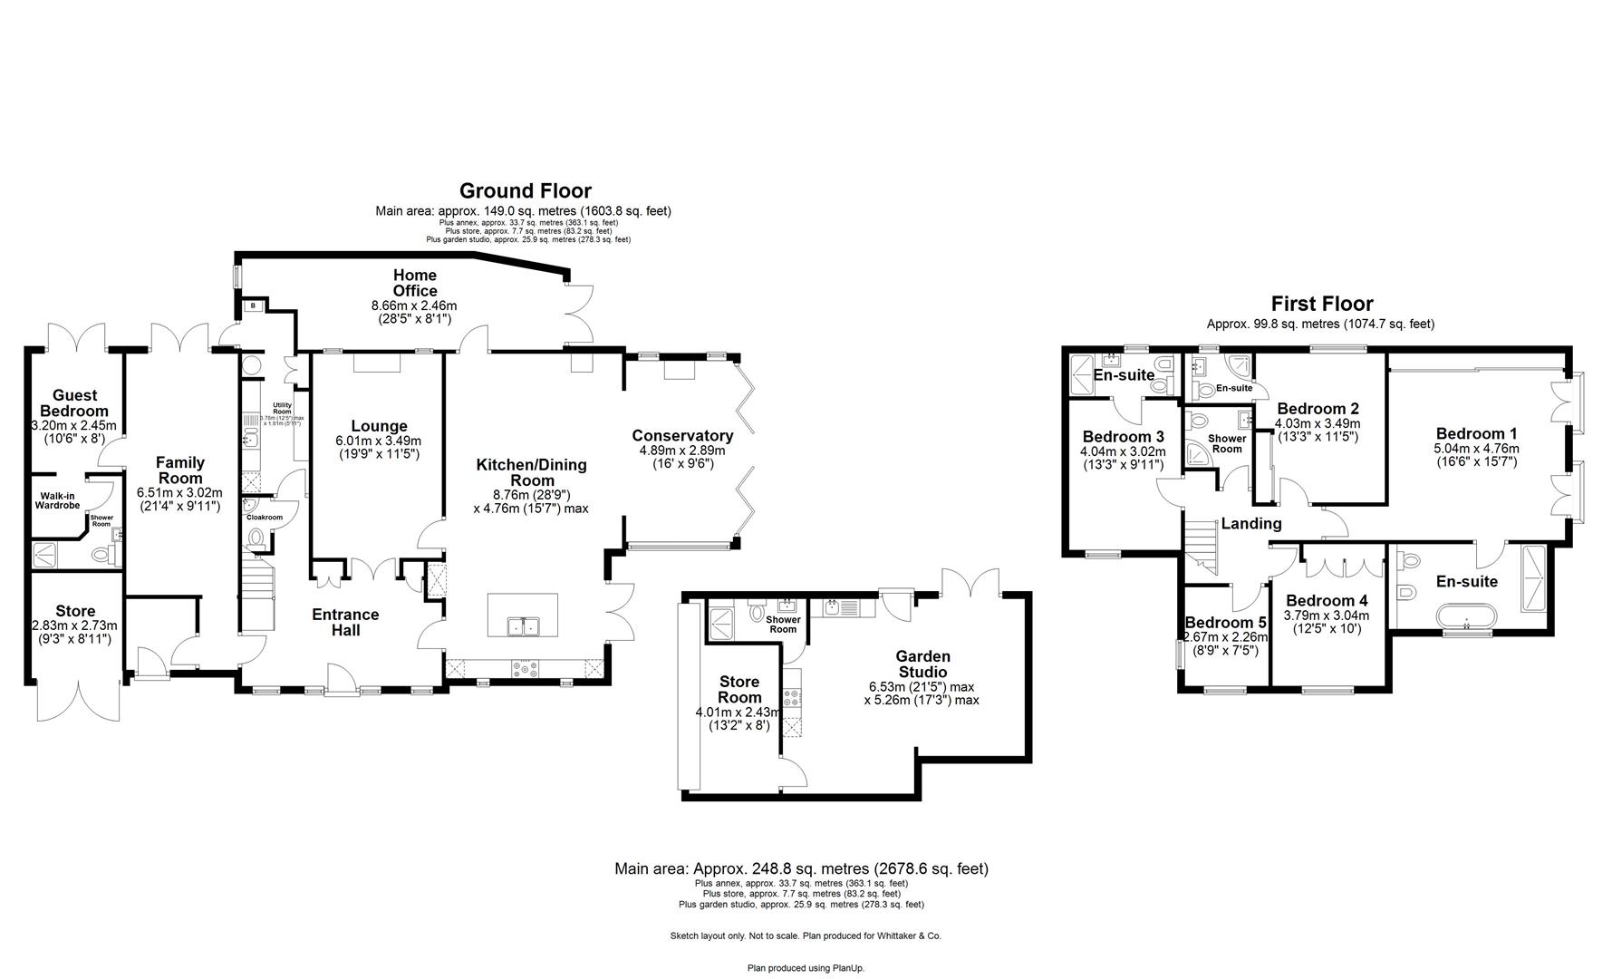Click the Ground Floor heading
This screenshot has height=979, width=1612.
(525, 190)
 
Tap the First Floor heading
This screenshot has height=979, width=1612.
(1321, 304)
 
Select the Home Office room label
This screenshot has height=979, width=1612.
(415, 283)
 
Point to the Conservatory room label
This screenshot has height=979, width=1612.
(682, 436)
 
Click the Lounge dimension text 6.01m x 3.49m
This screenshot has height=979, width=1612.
(379, 441)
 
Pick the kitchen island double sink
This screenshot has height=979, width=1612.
(522, 625)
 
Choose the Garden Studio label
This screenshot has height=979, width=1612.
(922, 664)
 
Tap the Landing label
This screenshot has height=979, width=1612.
(1250, 523)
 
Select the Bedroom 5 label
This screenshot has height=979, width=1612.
(1226, 623)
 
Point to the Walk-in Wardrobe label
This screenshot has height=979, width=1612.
(59, 499)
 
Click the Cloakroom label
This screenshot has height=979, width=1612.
(265, 518)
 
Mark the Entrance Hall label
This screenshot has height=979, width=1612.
(345, 622)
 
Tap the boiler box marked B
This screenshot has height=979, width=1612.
(252, 306)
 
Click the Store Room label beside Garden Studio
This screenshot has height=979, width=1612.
(739, 689)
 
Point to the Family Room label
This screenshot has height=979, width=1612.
(180, 470)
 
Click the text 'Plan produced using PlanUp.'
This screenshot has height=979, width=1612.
(806, 968)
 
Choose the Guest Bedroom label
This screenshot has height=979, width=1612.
(74, 402)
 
